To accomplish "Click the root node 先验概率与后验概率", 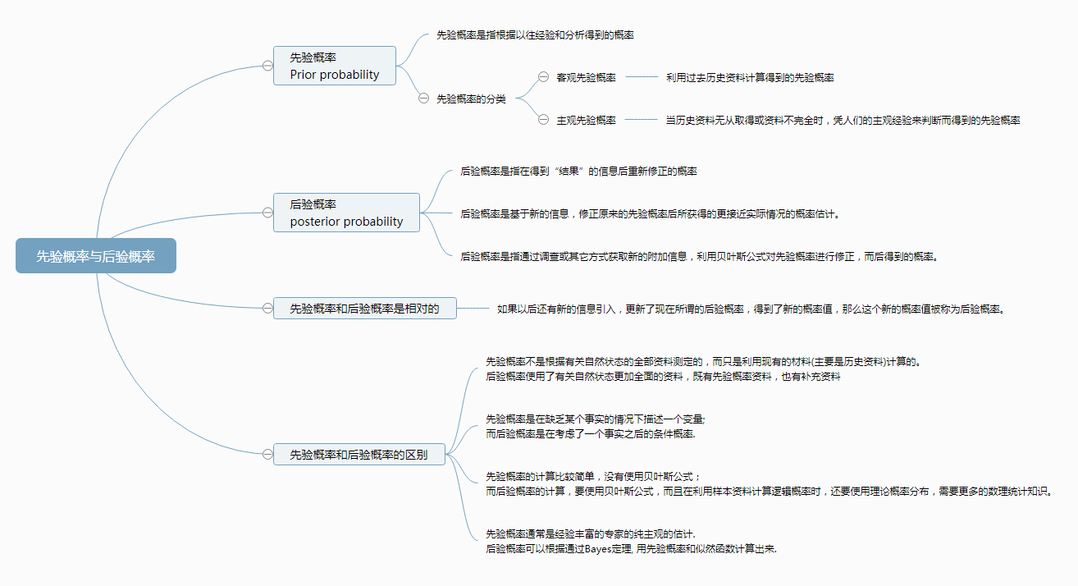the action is [x=96, y=256].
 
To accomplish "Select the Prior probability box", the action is [x=335, y=66].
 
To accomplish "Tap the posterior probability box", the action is [x=346, y=213].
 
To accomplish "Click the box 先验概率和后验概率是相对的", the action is [x=365, y=308].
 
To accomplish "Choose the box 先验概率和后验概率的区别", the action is [x=359, y=454].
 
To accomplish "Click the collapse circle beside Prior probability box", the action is [x=267, y=66].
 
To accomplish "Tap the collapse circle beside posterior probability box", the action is [x=267, y=213].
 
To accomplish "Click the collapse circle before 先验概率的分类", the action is [x=423, y=98].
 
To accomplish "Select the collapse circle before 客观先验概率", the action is [x=543, y=77].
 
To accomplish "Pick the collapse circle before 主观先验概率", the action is [x=543, y=119].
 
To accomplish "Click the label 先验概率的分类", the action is [x=471, y=98].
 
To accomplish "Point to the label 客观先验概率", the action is [x=586, y=77].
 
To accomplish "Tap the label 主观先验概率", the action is [x=586, y=120].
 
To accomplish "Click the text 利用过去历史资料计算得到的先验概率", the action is [x=750, y=77].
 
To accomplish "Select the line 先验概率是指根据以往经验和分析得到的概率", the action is [x=535, y=34].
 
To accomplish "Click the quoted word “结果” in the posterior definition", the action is [x=569, y=171].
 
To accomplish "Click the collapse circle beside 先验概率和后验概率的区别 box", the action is [x=267, y=454].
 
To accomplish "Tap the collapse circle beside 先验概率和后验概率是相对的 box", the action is [x=267, y=308].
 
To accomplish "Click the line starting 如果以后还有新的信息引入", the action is [x=751, y=309].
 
